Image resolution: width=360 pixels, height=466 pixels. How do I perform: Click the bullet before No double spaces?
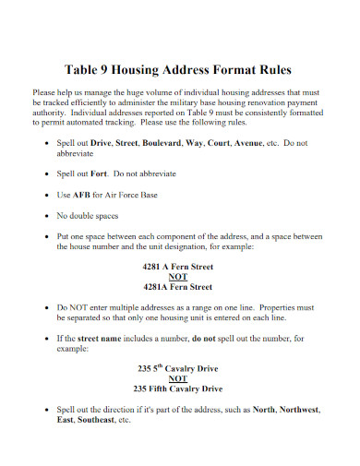[48, 218]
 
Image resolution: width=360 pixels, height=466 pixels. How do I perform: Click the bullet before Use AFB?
[48, 196]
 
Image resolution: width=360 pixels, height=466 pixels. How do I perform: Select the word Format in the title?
[228, 70]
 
